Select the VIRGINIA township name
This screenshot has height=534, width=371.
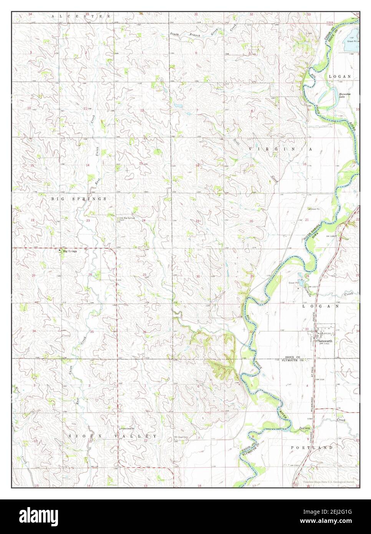click(x=280, y=148)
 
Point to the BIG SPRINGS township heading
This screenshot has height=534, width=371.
click(x=79, y=199)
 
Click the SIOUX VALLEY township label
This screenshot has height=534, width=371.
click(x=113, y=436)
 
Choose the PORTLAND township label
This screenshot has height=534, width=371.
click(x=316, y=448)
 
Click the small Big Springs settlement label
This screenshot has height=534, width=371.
click(x=70, y=251)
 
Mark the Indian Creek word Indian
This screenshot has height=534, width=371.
click(x=304, y=428)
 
